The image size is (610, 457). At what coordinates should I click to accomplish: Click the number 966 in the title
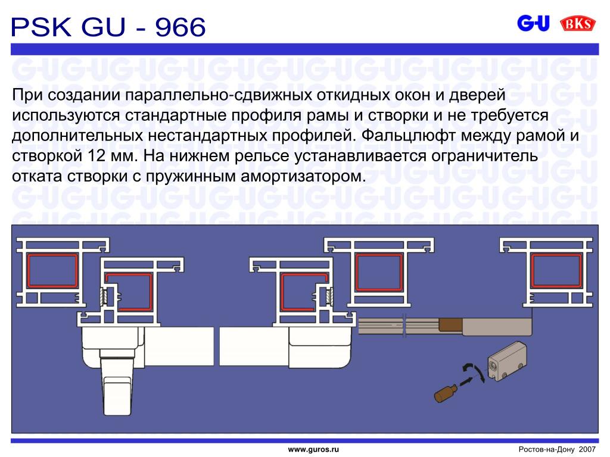pos(180,27)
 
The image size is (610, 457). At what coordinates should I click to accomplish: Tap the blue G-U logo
pos(533,23)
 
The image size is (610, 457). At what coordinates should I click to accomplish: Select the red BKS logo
pos(578,24)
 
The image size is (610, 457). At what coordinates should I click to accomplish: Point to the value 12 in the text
pos(96,156)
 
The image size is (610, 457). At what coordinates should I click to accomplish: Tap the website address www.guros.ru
pos(313,450)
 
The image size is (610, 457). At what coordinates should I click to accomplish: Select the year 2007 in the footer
pos(587,449)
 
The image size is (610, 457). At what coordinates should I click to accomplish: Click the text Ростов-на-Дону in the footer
pos(546,450)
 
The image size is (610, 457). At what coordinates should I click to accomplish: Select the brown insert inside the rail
pos(450,324)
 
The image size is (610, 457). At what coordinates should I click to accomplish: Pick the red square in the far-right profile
pos(556,271)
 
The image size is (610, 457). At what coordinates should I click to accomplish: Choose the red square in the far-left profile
pos(52,271)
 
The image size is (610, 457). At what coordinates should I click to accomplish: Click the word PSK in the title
pos(41,27)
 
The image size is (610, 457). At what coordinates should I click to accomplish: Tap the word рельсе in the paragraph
pos(263,156)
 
